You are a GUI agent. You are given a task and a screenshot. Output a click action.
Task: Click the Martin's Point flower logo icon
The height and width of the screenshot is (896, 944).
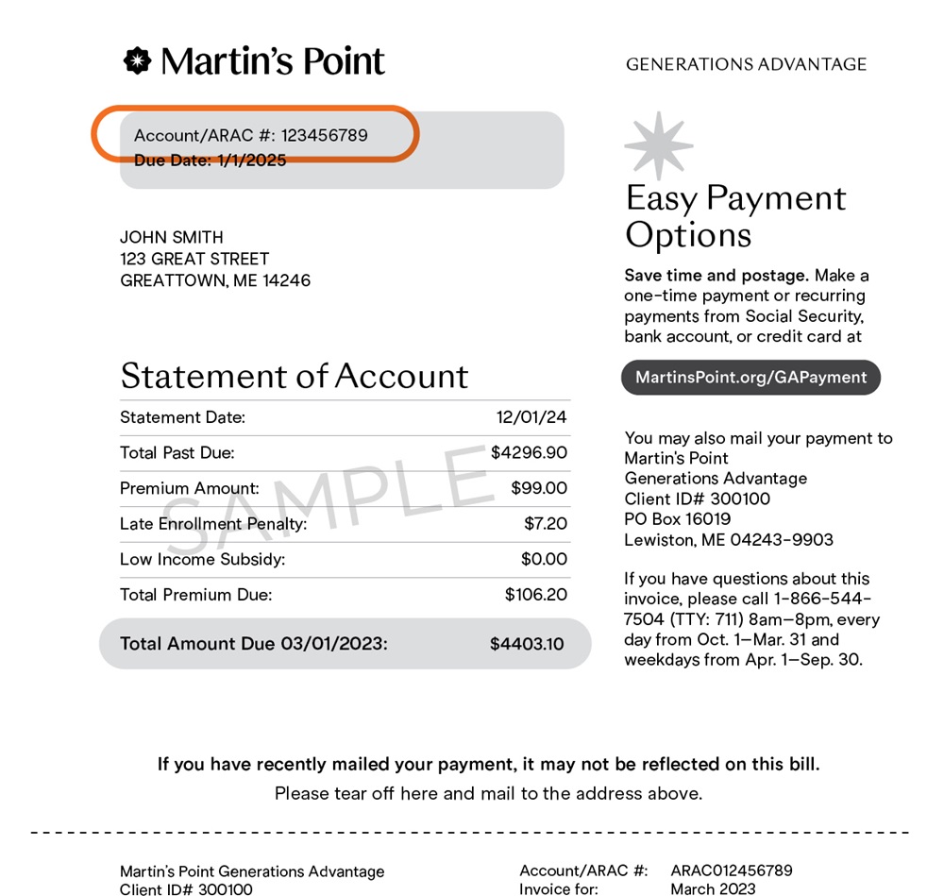[137, 61]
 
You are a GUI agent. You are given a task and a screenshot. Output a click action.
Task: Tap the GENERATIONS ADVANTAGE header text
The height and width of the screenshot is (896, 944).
[746, 64]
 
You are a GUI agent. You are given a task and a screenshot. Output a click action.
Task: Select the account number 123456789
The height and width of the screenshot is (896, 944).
[325, 135]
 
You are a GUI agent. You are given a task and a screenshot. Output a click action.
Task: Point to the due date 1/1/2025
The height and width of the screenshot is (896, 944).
[252, 161]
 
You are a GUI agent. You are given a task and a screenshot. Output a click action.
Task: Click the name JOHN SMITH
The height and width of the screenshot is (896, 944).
[172, 237]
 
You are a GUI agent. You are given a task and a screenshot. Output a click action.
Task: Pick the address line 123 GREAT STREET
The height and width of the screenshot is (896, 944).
[194, 259]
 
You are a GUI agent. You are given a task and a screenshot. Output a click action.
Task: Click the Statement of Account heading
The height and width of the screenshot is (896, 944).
[294, 376]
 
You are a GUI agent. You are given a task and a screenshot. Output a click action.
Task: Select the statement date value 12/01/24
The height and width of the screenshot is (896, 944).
[531, 417]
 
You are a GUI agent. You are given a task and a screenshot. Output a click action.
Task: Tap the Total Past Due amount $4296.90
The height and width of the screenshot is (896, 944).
[529, 452]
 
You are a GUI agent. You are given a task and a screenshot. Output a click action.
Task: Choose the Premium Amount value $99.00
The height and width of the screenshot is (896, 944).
[539, 488]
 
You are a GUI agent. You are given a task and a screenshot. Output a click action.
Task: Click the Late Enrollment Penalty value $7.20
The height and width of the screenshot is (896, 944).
[546, 523]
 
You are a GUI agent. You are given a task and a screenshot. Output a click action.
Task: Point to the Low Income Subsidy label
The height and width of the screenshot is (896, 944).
[202, 559]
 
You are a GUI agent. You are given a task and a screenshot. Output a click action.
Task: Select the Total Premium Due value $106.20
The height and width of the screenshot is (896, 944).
[536, 595]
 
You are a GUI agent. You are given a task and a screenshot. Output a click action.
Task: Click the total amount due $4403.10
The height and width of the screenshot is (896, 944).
[527, 644]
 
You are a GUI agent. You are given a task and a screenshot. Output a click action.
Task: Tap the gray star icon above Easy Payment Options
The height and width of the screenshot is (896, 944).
[658, 145]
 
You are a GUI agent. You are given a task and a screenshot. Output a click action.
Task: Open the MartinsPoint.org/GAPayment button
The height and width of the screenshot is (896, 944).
[750, 378]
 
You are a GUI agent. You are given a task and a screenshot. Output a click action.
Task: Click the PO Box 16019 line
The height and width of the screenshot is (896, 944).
[678, 519]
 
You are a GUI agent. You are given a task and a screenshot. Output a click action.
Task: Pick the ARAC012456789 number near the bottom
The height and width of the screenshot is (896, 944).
[732, 871]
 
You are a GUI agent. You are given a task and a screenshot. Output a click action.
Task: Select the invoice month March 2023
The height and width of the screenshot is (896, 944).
[713, 888]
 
